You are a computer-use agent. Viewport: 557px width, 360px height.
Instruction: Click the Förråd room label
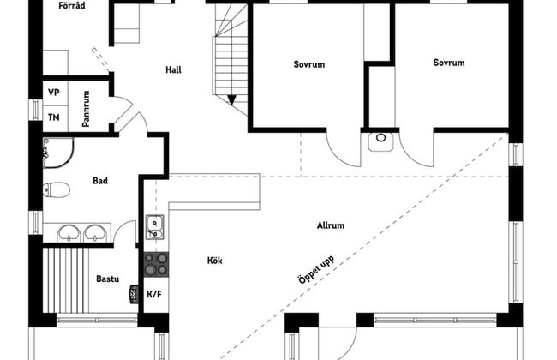click(72, 5)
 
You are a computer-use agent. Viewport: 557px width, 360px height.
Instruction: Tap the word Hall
click(173, 69)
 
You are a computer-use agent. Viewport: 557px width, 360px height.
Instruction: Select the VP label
click(54, 93)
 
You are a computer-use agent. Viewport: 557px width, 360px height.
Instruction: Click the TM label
click(54, 117)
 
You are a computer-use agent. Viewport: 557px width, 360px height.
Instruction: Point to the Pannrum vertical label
click(86, 109)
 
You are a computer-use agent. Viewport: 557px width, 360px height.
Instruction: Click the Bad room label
click(100, 181)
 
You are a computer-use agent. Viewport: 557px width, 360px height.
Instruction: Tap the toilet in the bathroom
click(56, 189)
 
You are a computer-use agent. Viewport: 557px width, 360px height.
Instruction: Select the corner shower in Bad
click(58, 153)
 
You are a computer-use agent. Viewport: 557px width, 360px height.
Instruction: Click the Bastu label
click(108, 279)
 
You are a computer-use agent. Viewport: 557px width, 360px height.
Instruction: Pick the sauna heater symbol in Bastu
click(134, 294)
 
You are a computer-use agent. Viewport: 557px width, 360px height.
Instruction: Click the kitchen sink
click(154, 227)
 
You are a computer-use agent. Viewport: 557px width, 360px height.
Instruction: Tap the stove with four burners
click(156, 264)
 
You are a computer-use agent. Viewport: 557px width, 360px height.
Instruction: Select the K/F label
click(154, 294)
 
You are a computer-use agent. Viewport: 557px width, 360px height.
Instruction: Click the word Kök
click(214, 261)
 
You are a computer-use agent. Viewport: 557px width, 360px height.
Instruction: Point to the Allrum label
click(331, 225)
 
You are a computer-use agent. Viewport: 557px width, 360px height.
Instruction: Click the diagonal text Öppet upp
click(316, 270)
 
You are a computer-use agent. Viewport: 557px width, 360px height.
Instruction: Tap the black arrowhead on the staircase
click(231, 100)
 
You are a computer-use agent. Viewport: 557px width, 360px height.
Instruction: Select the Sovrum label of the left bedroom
click(309, 64)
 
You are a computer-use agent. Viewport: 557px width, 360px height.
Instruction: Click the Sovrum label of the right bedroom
click(449, 63)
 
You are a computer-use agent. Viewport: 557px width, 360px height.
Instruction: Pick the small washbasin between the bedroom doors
click(380, 141)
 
